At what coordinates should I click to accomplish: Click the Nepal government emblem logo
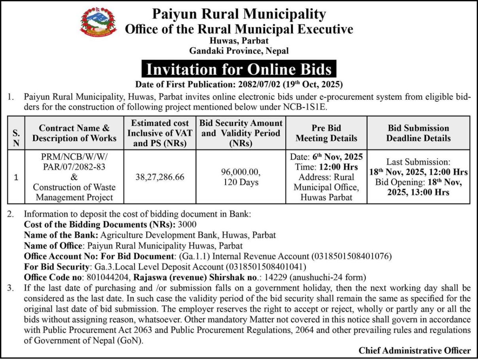pos(99,23)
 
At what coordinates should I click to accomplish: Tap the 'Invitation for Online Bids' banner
pos(239,69)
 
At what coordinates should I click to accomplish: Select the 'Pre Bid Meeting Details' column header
pos(326,133)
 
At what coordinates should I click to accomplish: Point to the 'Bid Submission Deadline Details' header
pos(418,133)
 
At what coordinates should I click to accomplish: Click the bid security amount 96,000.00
pos(241,172)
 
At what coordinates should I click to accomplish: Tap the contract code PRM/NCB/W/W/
pos(74,157)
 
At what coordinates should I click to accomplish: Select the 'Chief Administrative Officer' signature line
pos(415,350)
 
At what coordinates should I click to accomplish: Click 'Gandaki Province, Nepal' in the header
pos(239,51)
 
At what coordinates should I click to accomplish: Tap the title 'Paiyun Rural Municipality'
pos(239,14)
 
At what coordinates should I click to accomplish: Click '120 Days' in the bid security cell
pos(241,182)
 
